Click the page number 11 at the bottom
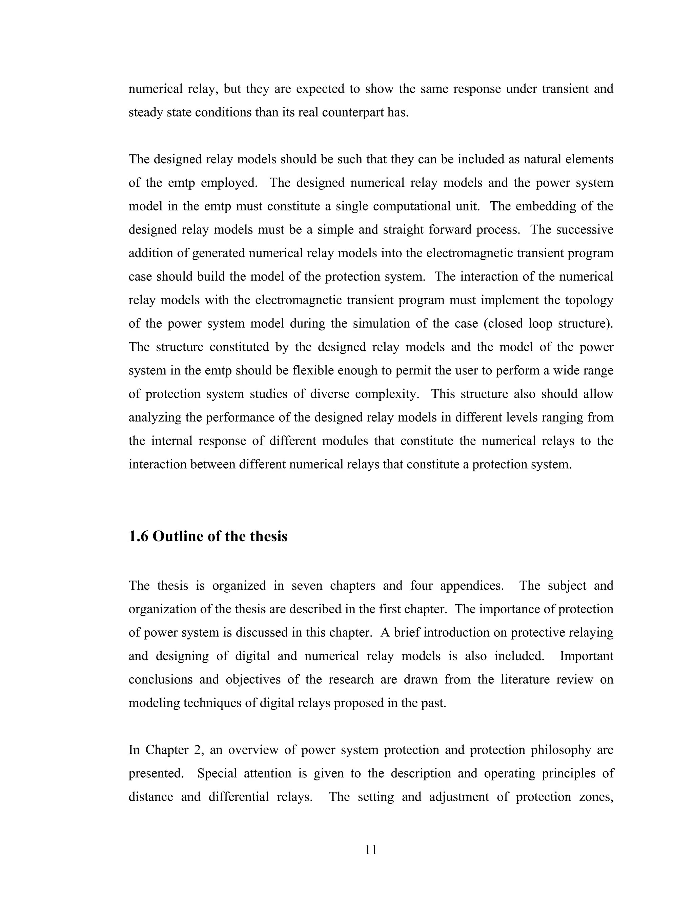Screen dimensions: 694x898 coord(371,850)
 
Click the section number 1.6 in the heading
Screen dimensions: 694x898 coord(139,536)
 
